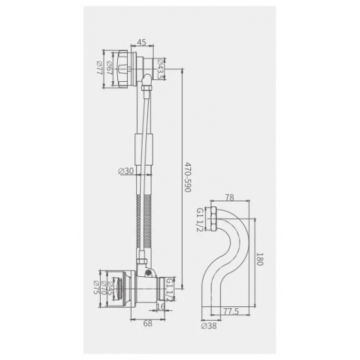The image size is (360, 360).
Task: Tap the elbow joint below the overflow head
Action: [x=147, y=82]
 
